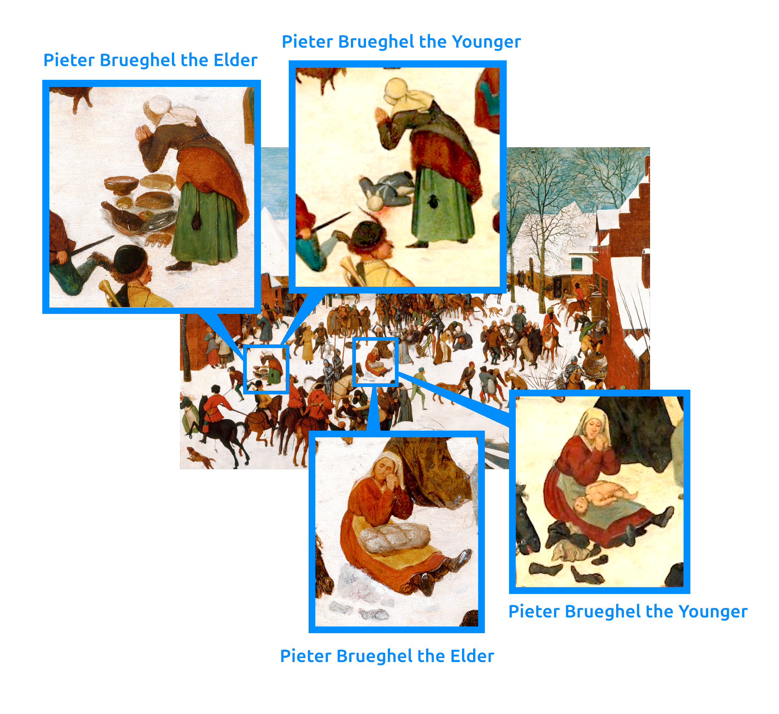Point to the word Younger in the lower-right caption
coord(713,612)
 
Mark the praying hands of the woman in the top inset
coord(381,115)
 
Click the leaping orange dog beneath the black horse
coord(200,457)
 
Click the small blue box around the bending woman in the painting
coord(266,369)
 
